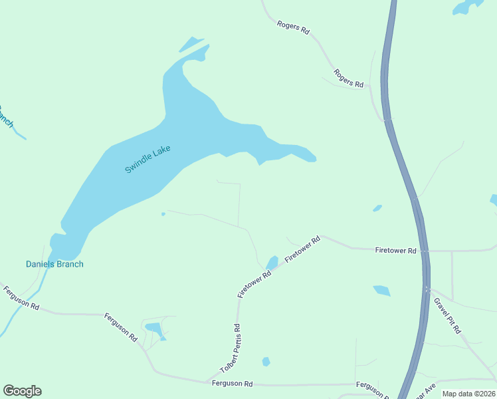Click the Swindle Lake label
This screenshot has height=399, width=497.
click(x=148, y=160)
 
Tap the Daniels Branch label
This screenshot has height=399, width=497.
click(x=54, y=264)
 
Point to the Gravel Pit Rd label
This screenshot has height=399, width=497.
click(x=447, y=315)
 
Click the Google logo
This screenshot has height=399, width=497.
click(x=22, y=391)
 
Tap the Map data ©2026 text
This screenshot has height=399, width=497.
click(x=468, y=394)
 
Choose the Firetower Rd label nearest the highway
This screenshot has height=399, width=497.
click(x=395, y=251)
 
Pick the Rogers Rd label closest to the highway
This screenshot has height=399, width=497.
click(x=349, y=78)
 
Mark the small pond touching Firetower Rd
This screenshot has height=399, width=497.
click(x=272, y=263)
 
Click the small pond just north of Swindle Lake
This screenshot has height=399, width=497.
click(x=191, y=44)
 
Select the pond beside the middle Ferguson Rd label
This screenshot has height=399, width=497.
click(x=154, y=329)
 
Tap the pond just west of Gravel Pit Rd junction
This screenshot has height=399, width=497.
click(x=381, y=290)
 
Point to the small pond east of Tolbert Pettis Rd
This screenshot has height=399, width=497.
click(x=266, y=362)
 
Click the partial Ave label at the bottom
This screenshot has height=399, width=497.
click(x=425, y=390)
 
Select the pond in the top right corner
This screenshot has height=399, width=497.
click(x=468, y=7)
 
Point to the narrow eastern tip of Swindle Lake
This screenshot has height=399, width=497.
click(x=310, y=158)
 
